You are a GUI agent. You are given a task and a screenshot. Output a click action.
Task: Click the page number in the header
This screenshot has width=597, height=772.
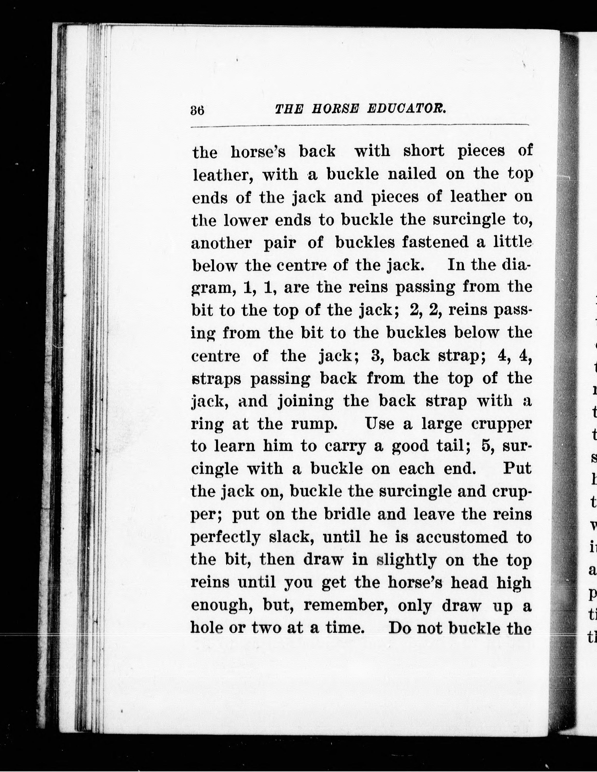[x=197, y=110]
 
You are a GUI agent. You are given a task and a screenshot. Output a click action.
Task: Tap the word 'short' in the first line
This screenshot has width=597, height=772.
[x=424, y=151]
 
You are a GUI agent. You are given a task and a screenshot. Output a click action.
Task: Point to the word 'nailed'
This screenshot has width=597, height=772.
[x=412, y=174]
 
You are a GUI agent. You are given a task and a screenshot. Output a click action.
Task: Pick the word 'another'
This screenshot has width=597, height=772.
[x=221, y=243]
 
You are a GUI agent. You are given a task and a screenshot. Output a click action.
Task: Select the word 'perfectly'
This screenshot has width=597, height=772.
[x=225, y=538]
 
